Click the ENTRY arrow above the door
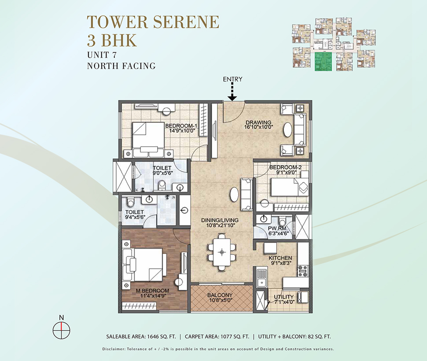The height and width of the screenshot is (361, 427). point(232,92)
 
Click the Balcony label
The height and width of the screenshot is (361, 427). point(220,295)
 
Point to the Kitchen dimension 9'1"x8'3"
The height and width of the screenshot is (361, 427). point(280,263)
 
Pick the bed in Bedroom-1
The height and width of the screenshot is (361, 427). point(148,139)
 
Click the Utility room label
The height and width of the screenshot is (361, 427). point(284,297)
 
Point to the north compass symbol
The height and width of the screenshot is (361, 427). point(61,330)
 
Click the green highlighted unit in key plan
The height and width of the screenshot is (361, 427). point(323,62)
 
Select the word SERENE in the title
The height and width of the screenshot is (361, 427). point(186,22)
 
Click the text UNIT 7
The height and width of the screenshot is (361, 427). point(102,55)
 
